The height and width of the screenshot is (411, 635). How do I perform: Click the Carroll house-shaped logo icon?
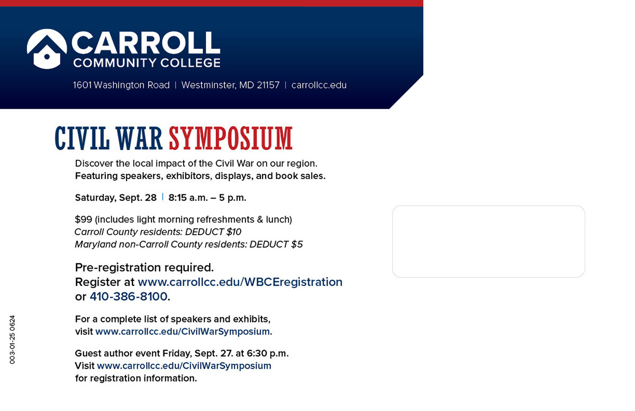(47, 49)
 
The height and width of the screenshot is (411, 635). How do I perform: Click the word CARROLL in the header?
(146, 42)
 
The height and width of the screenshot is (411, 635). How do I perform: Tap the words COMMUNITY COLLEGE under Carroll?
(147, 63)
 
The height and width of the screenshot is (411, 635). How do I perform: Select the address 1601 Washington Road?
(121, 85)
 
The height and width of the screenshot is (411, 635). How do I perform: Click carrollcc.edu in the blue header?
(319, 85)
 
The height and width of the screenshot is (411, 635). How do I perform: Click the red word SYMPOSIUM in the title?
(231, 138)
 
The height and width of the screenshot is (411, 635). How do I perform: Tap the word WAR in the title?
(139, 138)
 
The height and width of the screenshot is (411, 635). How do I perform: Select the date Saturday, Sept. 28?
(116, 198)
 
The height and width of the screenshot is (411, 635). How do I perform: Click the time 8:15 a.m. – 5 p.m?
(207, 198)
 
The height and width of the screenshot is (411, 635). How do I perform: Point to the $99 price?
(84, 219)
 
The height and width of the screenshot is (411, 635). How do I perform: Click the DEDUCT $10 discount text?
(213, 232)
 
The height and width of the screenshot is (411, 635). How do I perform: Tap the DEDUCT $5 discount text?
(276, 245)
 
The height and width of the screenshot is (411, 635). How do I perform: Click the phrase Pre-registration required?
(144, 267)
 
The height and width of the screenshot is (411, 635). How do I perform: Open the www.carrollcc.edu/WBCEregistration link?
(240, 282)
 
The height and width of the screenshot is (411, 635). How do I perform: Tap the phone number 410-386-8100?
(129, 297)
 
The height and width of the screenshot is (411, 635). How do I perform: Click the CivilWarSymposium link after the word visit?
(183, 332)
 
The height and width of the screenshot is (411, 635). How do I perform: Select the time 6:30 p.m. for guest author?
(267, 353)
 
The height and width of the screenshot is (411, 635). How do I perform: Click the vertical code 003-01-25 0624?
(12, 340)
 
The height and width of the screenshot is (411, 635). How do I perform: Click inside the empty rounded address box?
(488, 242)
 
